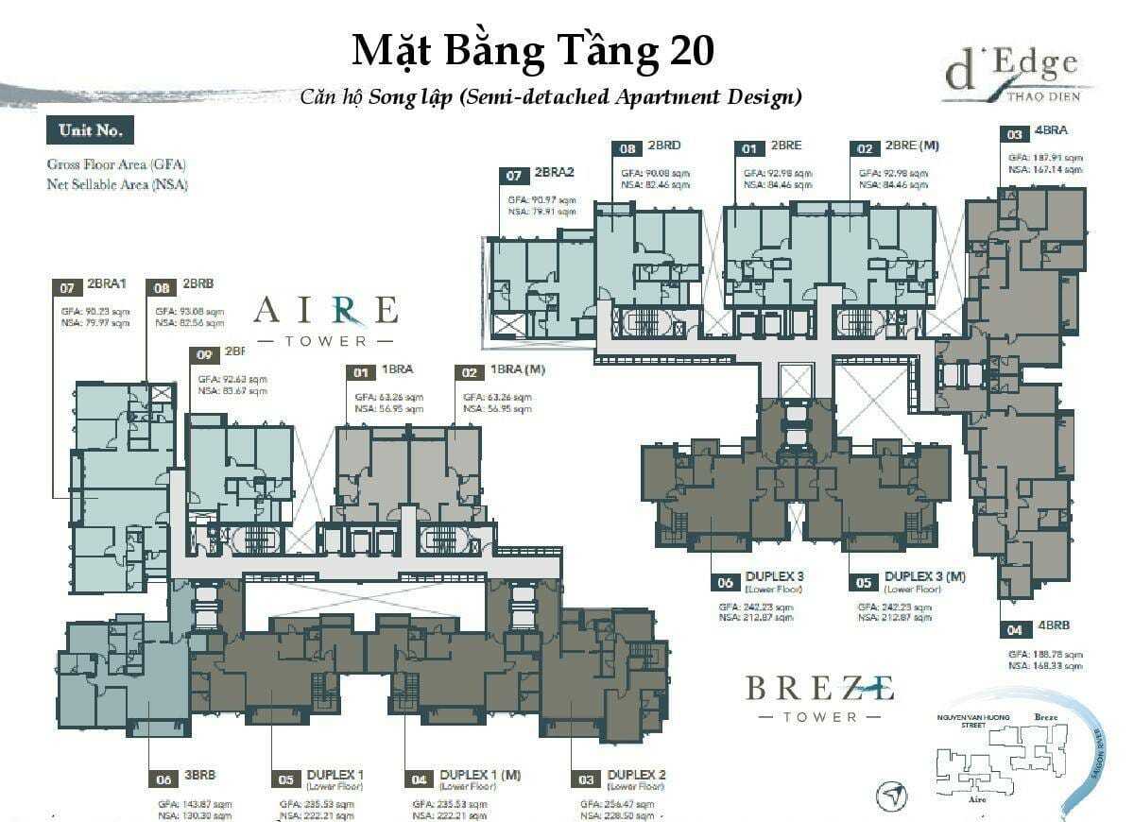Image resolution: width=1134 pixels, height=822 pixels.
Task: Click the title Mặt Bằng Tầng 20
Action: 532,51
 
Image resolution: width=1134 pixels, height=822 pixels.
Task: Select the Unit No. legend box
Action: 90,129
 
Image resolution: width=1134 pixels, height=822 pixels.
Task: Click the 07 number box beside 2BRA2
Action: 515,175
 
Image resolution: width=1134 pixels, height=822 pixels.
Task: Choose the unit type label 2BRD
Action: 664,147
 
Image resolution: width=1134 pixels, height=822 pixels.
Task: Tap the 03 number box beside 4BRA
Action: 1015,134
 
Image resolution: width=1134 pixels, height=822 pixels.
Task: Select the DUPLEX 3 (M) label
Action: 924,577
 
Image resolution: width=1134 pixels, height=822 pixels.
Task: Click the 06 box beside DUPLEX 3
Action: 725,583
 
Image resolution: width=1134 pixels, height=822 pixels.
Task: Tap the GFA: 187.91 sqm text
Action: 1045,158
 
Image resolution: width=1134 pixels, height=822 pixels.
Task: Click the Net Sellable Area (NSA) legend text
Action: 117,184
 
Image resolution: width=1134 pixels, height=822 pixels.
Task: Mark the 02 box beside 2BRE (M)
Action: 865,148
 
